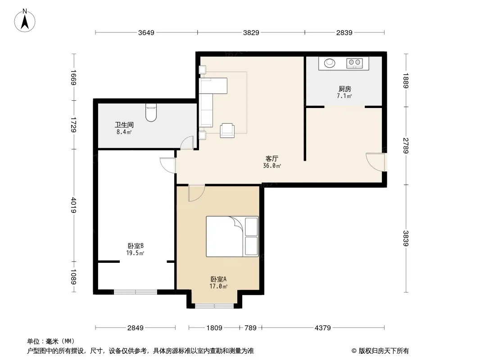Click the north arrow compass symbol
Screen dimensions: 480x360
[25, 21]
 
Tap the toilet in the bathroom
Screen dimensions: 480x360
[151, 112]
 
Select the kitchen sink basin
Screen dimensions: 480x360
[330, 63]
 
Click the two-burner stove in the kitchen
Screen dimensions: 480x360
[354, 63]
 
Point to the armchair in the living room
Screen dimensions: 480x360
[227, 130]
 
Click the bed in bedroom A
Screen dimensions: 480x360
[232, 236]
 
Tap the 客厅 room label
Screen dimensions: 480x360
[272, 158]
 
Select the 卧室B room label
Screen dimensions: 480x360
[135, 246]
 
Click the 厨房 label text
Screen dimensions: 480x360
[345, 89]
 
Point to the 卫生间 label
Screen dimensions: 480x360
[124, 125]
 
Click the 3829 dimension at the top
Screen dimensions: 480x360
[251, 32]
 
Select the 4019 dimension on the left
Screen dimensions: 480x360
[74, 205]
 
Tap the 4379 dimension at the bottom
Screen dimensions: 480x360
[323, 328]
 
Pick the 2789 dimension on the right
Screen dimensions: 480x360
[406, 146]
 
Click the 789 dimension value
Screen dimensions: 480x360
[250, 328]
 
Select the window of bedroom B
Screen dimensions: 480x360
[136, 292]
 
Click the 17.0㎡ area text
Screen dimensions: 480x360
[218, 286]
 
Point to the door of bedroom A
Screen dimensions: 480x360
[196, 193]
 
